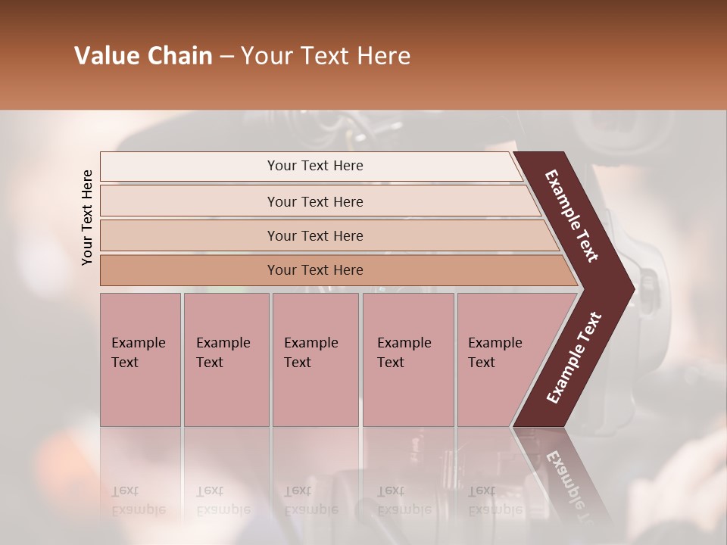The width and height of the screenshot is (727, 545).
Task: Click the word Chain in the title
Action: click(x=181, y=56)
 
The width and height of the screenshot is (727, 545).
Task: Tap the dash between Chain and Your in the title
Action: click(x=226, y=57)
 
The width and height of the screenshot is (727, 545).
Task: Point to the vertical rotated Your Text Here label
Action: click(x=87, y=218)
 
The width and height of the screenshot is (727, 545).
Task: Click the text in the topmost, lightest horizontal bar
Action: click(x=315, y=166)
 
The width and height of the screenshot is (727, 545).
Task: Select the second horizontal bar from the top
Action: click(x=315, y=201)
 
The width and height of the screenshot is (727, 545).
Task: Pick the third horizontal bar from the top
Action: click(x=315, y=235)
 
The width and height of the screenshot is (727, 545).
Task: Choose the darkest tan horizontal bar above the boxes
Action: click(x=315, y=270)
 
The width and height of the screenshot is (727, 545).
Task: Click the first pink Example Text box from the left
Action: click(x=140, y=360)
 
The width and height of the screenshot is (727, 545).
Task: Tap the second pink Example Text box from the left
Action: click(x=226, y=360)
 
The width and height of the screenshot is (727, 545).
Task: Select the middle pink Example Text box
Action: click(x=315, y=360)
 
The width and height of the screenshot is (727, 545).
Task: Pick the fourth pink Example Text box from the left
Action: click(x=408, y=360)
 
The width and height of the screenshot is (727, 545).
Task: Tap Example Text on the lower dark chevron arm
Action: click(x=573, y=358)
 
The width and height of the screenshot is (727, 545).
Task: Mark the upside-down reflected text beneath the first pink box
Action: click(x=138, y=500)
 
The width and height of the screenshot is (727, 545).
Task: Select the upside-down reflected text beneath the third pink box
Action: click(x=310, y=500)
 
